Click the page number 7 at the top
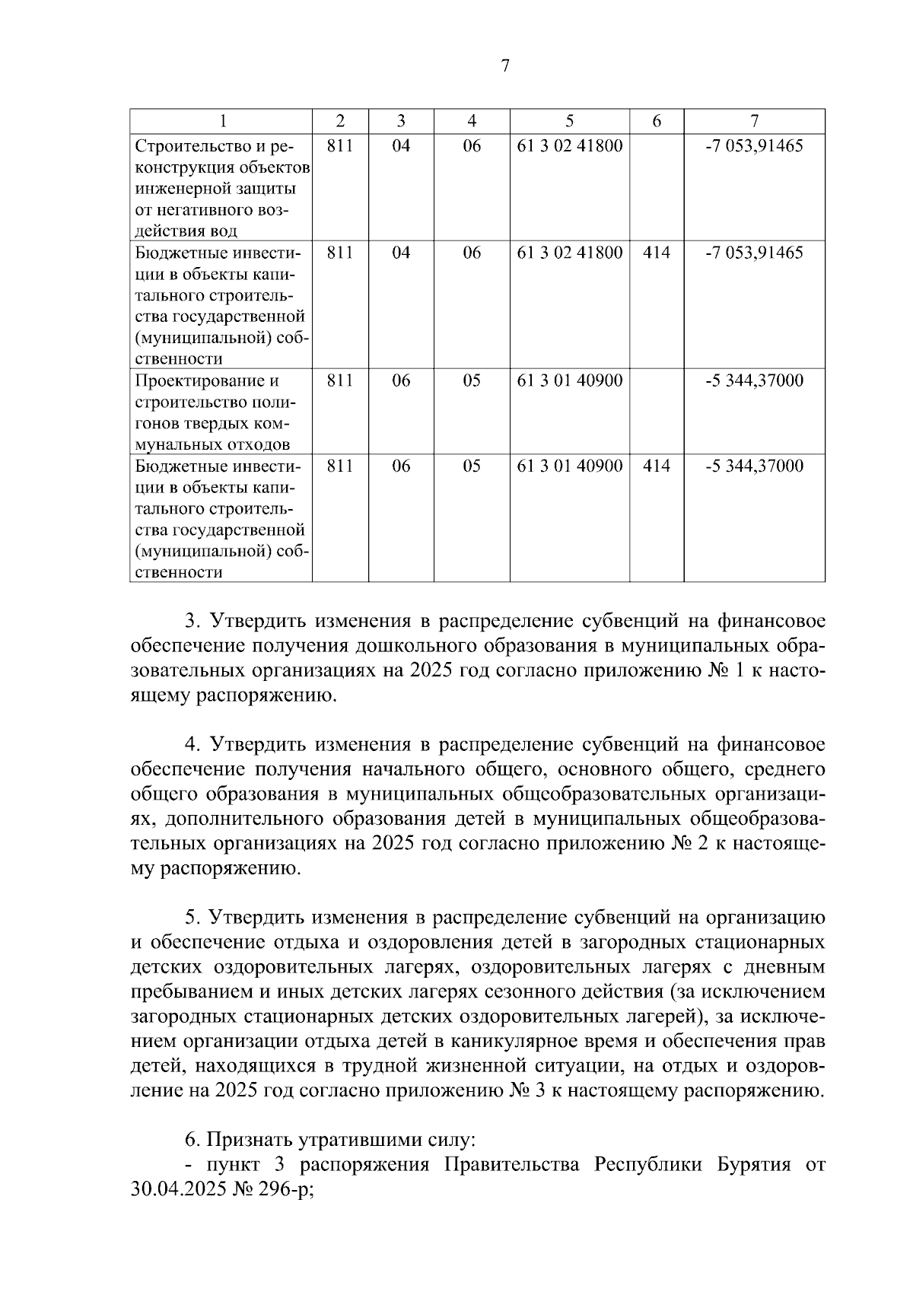(x=505, y=66)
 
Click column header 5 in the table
(x=569, y=120)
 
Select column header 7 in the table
(x=754, y=120)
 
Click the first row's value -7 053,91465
(x=754, y=145)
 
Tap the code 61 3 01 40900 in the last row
(x=569, y=466)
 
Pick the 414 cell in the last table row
(x=657, y=466)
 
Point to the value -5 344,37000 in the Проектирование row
(x=754, y=380)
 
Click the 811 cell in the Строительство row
(x=340, y=145)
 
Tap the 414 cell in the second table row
(x=657, y=253)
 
